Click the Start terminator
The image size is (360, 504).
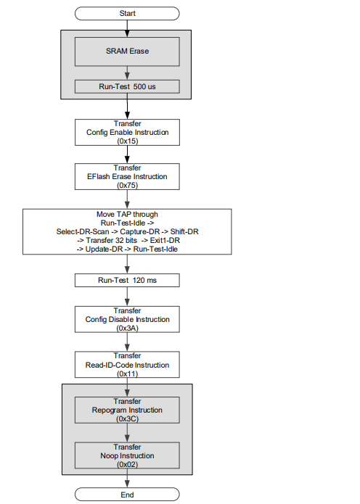(127, 14)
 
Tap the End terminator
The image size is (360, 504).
(127, 495)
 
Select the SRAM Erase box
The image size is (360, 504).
(127, 51)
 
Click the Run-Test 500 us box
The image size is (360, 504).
(127, 86)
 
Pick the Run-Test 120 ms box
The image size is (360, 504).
(127, 281)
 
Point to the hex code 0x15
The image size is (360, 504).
(128, 141)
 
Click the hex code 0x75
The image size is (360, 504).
(128, 186)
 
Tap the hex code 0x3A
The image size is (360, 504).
(128, 329)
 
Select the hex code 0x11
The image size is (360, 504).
(128, 373)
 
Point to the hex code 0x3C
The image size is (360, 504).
(128, 419)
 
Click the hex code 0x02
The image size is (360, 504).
(128, 464)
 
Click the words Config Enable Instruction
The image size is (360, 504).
(128, 133)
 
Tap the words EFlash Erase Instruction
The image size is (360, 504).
(127, 176)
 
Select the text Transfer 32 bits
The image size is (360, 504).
(111, 241)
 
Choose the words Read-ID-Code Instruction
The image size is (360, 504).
(127, 365)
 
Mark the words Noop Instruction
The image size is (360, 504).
(127, 456)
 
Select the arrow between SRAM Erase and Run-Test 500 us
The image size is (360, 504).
(127, 73)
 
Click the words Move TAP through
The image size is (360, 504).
(128, 215)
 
